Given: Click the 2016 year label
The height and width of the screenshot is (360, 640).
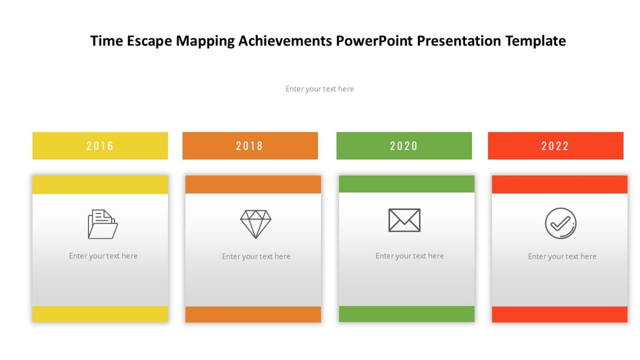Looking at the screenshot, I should tap(100, 146).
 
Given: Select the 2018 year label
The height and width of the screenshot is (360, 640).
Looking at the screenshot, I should tap(250, 146).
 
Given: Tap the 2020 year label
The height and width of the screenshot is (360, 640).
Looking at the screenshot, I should tap(404, 146).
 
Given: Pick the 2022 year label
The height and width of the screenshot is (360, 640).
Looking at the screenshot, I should tap(555, 146).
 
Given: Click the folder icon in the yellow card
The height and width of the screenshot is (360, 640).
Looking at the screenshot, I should tap(102, 224).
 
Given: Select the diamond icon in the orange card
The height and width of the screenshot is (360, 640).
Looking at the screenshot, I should tap(255, 224).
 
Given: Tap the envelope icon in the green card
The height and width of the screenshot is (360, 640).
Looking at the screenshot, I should tap(404, 220).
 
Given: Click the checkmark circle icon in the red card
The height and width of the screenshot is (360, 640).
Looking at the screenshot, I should tap(561, 223).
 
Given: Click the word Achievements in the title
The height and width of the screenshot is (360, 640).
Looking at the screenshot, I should tap(285, 41).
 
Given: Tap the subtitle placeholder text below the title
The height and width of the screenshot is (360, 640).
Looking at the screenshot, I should tap(319, 89).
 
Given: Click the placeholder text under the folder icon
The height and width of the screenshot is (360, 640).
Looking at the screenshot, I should tap(103, 256).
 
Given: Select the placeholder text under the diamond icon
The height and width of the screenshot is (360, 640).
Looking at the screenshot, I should tap(256, 257).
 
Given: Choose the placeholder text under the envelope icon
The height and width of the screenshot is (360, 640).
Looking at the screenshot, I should tap(410, 256).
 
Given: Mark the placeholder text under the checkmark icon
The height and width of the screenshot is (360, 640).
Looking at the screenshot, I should tap(562, 257).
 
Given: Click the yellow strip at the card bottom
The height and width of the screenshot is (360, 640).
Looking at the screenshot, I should tap(100, 314).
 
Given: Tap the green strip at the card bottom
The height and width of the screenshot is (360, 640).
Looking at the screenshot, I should tap(406, 314).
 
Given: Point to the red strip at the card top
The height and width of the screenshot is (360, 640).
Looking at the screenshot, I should tap(559, 185).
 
